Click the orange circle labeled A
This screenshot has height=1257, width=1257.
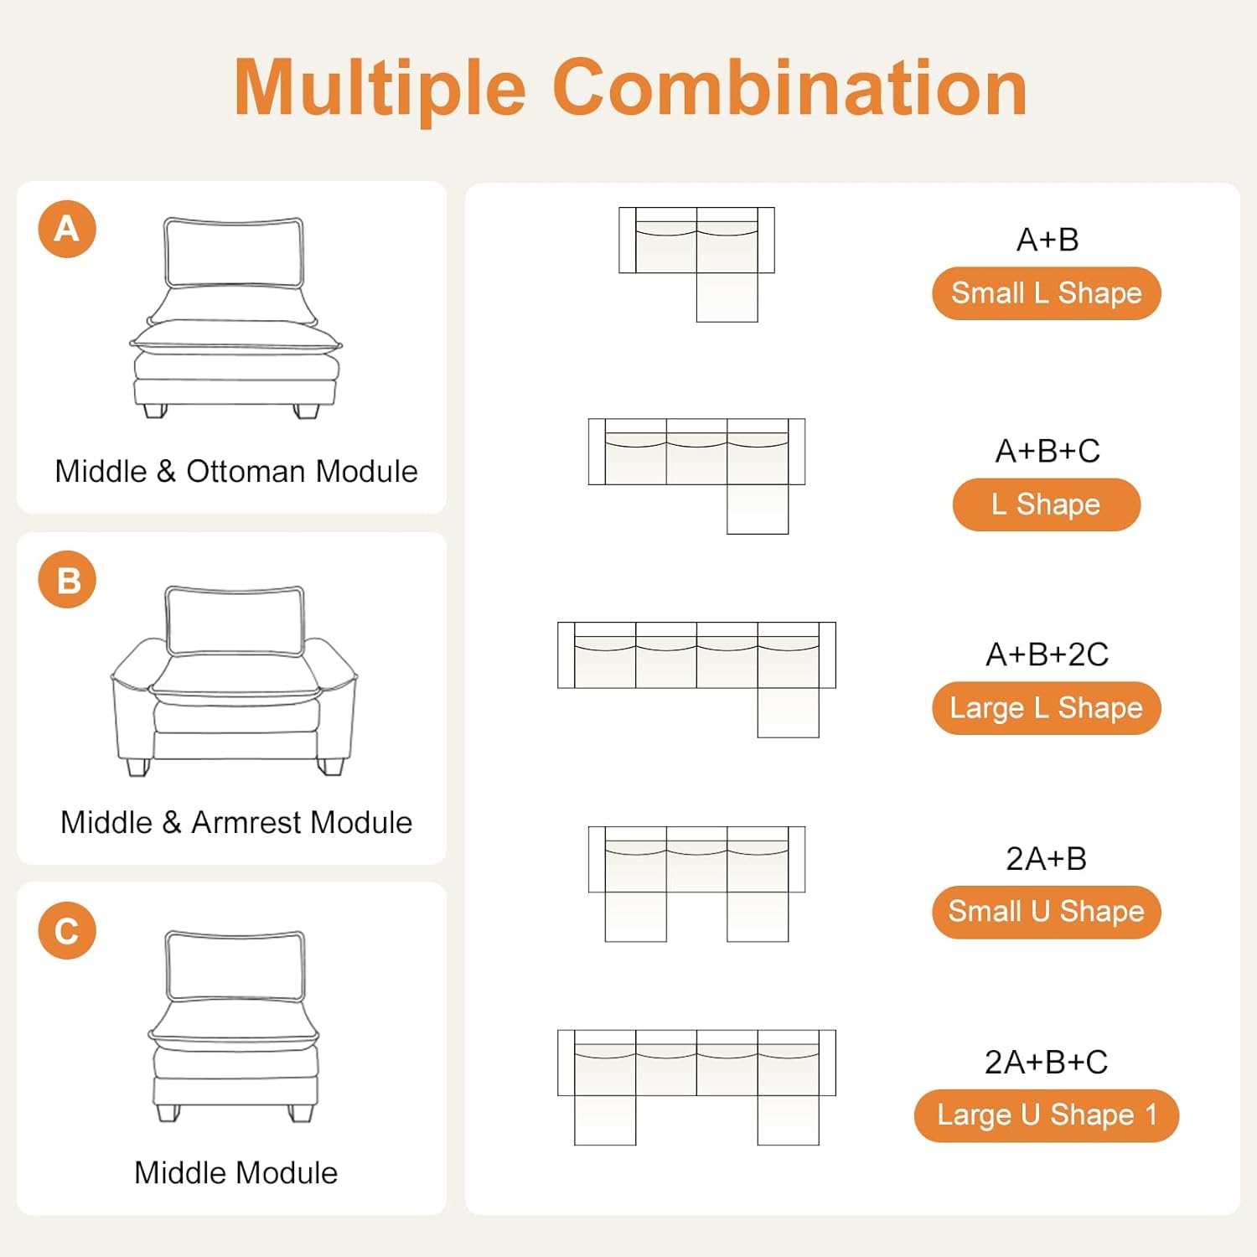point(67,229)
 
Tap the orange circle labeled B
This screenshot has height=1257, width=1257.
point(67,579)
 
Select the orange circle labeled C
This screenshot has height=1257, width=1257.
point(67,930)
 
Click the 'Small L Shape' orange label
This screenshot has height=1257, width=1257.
point(1046,293)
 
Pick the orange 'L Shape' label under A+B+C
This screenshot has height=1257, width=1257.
point(1046,504)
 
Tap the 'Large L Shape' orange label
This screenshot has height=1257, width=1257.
point(1046,708)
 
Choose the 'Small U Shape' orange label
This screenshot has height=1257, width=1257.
point(1046,912)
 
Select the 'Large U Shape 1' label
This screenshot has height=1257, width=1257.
point(1046,1115)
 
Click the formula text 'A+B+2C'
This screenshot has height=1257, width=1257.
point(1047,654)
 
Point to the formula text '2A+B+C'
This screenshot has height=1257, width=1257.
point(1046,1062)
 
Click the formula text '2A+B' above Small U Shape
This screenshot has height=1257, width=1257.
point(1046,858)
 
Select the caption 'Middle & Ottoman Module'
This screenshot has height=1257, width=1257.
point(236,471)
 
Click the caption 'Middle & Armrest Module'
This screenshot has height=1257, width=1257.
point(236,822)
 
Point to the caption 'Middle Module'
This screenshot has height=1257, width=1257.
point(236,1172)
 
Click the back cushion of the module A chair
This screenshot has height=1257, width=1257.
point(234,252)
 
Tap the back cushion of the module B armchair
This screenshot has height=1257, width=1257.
point(235,620)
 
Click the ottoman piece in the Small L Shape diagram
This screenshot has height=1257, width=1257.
point(727,297)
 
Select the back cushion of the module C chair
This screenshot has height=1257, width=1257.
point(235,965)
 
